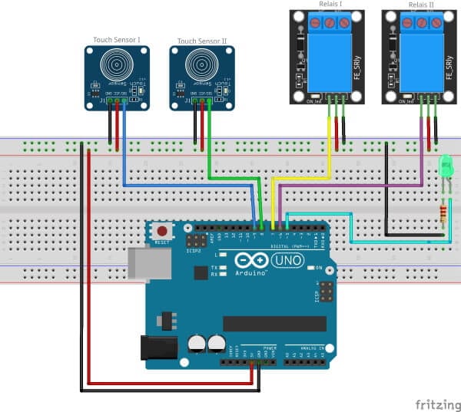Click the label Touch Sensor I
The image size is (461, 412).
(117, 40)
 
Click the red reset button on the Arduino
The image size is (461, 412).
(161, 231)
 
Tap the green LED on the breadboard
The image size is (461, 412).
(446, 166)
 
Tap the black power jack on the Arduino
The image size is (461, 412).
(159, 348)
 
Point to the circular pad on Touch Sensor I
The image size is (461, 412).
(116, 68)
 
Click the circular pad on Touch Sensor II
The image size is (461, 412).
(201, 68)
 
